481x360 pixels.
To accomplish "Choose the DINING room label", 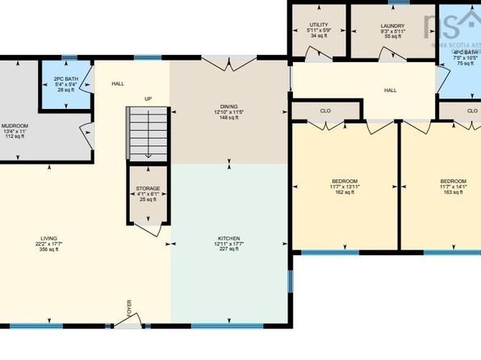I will tap(228, 111).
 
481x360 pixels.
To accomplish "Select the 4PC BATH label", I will tap(466, 56).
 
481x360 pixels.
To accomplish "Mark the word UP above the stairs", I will tap(148, 99).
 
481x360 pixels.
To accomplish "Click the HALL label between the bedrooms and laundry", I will tap(391, 90).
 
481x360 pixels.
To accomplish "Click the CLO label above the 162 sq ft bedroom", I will tap(325, 111).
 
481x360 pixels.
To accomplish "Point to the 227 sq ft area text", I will tap(228, 249).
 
